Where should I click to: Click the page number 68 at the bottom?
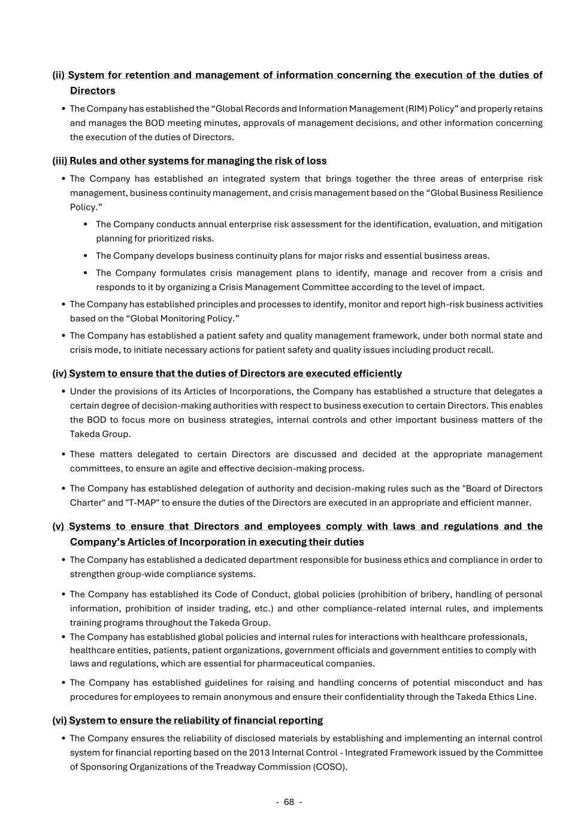click(x=289, y=802)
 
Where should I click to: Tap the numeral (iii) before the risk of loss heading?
click(x=60, y=161)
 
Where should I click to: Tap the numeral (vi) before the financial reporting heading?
click(x=60, y=720)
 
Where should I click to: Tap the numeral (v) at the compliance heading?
click(x=58, y=526)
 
